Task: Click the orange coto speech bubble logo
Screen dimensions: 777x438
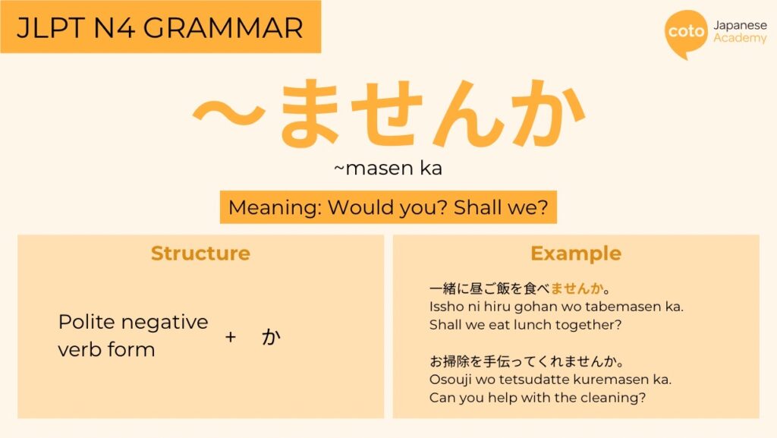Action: (686, 33)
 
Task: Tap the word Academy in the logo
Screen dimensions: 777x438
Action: (740, 38)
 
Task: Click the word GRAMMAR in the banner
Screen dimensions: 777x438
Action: (223, 28)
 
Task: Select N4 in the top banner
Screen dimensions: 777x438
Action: (114, 28)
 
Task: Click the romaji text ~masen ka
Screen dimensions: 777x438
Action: (388, 168)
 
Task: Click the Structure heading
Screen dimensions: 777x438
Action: (200, 254)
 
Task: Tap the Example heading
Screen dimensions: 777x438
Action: (576, 254)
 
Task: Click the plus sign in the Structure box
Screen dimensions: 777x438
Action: (231, 337)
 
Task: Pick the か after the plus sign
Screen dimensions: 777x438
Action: (271, 337)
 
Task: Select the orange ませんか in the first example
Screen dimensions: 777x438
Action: (577, 288)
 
